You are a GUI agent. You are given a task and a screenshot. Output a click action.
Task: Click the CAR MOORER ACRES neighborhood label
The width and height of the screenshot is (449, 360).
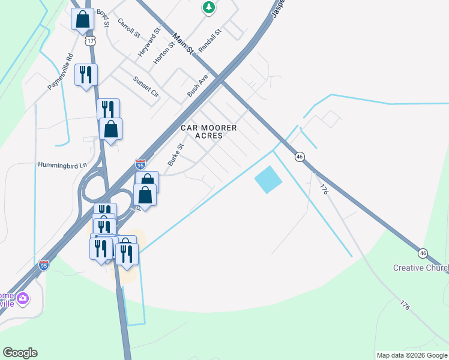click(x=209, y=131)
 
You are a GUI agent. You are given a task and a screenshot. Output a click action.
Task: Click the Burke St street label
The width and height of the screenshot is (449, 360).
click(x=175, y=154)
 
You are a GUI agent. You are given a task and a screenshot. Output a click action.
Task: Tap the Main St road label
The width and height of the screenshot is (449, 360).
click(x=183, y=43)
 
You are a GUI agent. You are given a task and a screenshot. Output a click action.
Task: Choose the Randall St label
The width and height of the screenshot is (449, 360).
click(x=210, y=39)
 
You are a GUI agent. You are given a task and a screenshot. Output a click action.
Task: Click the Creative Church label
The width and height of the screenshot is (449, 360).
click(x=421, y=268)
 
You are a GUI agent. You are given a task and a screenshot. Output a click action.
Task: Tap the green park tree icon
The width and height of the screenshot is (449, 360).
click(x=208, y=7)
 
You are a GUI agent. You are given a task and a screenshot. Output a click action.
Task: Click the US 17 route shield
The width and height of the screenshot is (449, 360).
click(x=90, y=40)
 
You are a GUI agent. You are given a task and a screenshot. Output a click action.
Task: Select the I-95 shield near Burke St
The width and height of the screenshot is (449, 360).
click(x=140, y=164)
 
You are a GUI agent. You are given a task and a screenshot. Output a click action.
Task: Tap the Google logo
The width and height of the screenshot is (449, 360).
click(x=20, y=353)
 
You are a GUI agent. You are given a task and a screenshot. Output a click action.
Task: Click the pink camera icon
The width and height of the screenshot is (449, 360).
click(x=23, y=298)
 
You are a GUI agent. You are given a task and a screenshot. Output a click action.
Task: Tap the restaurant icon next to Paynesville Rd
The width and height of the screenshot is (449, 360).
click(x=86, y=74)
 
